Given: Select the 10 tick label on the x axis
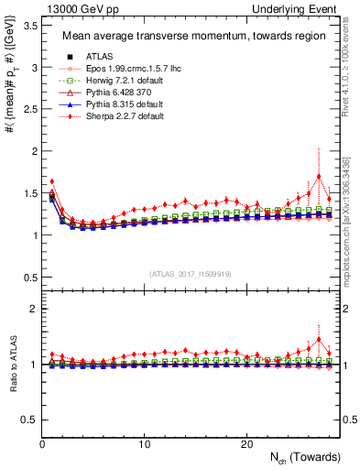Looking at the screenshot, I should click(x=144, y=443).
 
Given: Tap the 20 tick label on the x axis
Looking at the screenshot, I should click(x=246, y=443).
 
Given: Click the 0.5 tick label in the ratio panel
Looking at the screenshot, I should click(x=26, y=420).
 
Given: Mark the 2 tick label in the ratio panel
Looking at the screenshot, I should click(x=30, y=309).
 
